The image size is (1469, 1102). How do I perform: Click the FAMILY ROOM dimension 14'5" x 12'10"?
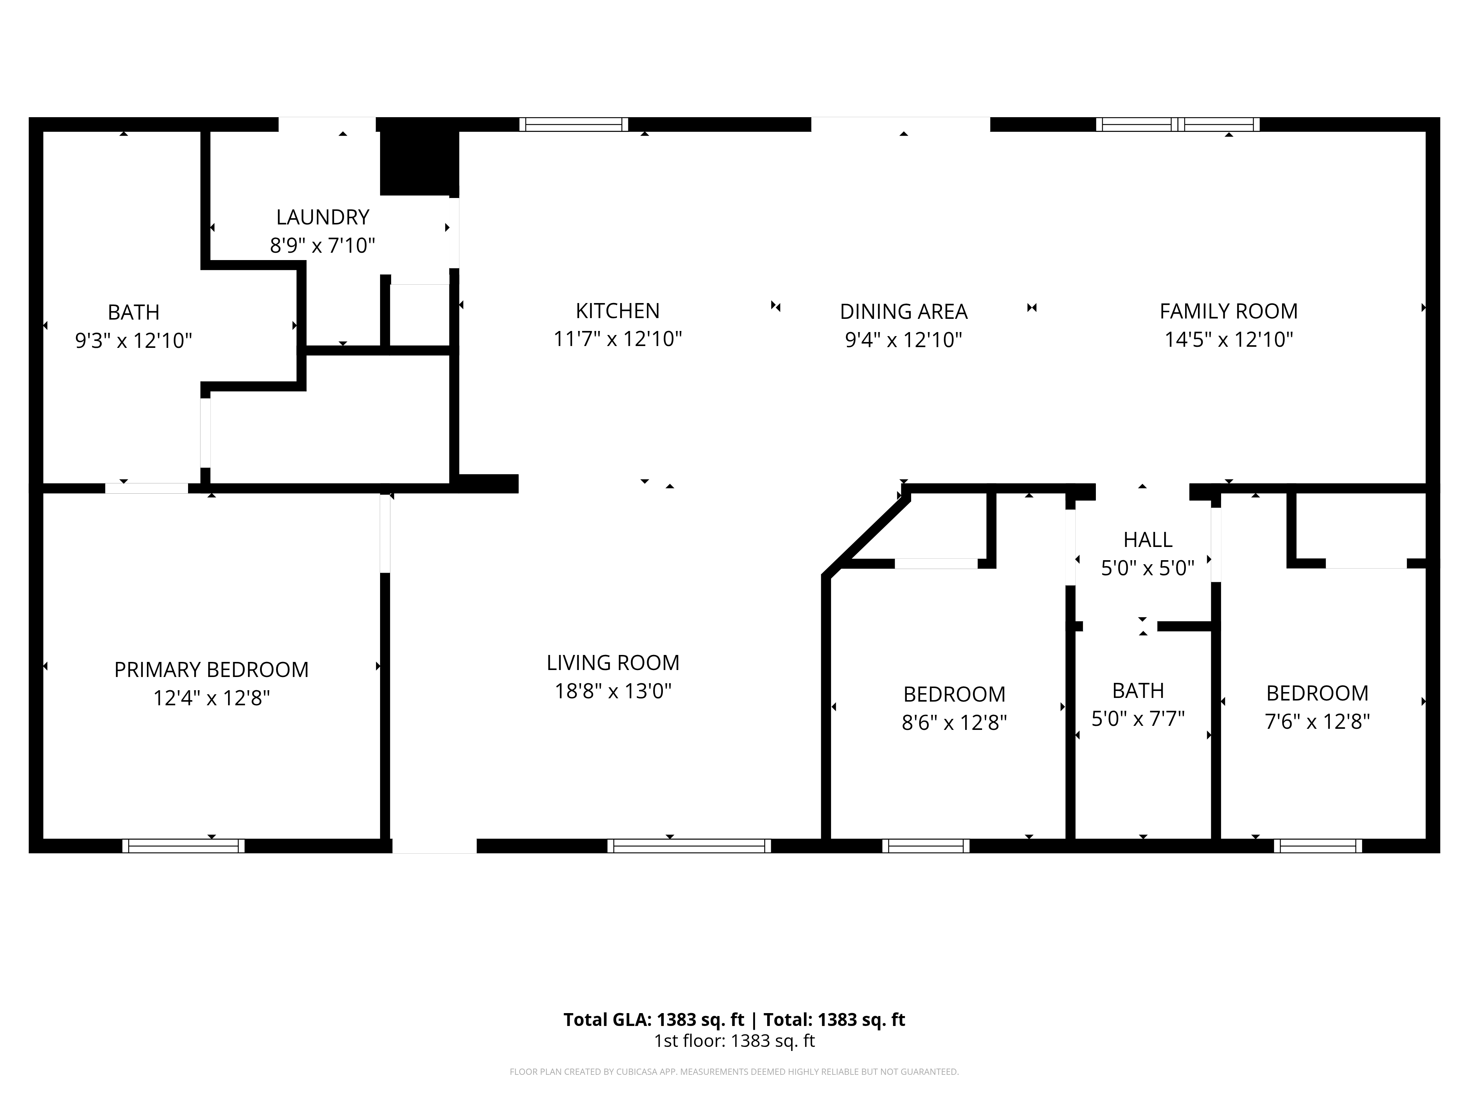(x=1228, y=340)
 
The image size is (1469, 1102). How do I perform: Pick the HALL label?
(x=1148, y=539)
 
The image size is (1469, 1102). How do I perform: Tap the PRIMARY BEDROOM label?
(x=211, y=670)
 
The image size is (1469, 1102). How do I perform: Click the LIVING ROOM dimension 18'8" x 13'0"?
(x=613, y=691)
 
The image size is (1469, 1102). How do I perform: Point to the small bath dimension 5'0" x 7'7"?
(x=1138, y=719)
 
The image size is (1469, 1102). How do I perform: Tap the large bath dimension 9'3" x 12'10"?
(x=133, y=341)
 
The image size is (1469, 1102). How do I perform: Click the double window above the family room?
(x=1177, y=124)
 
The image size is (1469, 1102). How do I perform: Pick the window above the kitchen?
(x=573, y=124)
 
